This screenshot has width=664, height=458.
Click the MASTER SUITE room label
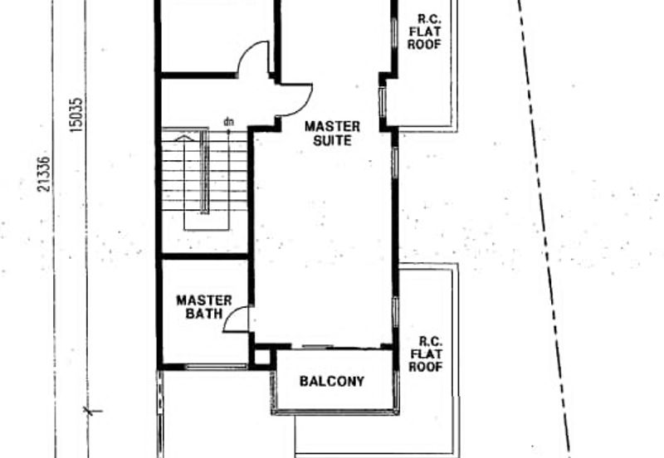[x=333, y=134]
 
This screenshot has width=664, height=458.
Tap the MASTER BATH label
[x=204, y=307]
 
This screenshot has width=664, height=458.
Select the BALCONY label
[x=332, y=382]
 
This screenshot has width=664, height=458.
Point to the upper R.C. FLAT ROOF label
[x=424, y=32]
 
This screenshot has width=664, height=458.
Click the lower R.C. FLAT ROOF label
[x=426, y=354]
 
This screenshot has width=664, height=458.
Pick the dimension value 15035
[x=76, y=114]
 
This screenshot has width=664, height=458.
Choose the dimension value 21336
[x=44, y=174]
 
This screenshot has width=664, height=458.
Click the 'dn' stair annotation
[x=229, y=122]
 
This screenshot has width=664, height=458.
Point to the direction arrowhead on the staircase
[x=183, y=138]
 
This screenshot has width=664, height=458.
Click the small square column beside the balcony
[x=262, y=357]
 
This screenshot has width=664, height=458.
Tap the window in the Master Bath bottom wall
[x=216, y=366]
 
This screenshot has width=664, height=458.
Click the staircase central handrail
[x=204, y=172]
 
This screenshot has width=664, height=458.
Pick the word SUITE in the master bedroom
[x=333, y=140]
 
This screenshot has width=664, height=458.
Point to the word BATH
[x=204, y=314]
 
